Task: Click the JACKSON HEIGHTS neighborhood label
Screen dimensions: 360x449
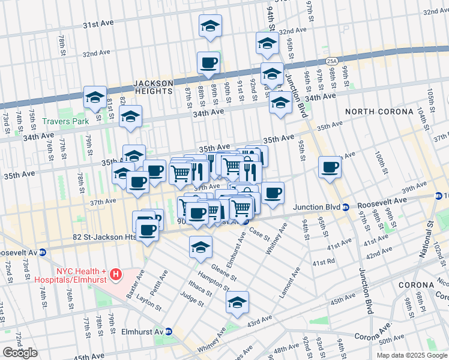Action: click(x=154, y=87)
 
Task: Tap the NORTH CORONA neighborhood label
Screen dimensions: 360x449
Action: click(x=379, y=112)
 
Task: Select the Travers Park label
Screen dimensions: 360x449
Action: click(x=65, y=121)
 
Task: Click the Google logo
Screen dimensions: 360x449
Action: click(x=20, y=353)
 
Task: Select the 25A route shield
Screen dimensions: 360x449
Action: click(x=331, y=61)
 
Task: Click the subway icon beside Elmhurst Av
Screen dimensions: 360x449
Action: click(x=169, y=331)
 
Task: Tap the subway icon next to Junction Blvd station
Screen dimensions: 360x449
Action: click(x=346, y=208)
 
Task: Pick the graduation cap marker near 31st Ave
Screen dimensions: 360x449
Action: click(x=210, y=26)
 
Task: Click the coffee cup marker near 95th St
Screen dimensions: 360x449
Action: click(x=330, y=167)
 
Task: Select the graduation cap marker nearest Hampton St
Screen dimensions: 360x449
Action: click(x=201, y=247)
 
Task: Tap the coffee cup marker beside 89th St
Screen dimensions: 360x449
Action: click(x=208, y=63)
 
